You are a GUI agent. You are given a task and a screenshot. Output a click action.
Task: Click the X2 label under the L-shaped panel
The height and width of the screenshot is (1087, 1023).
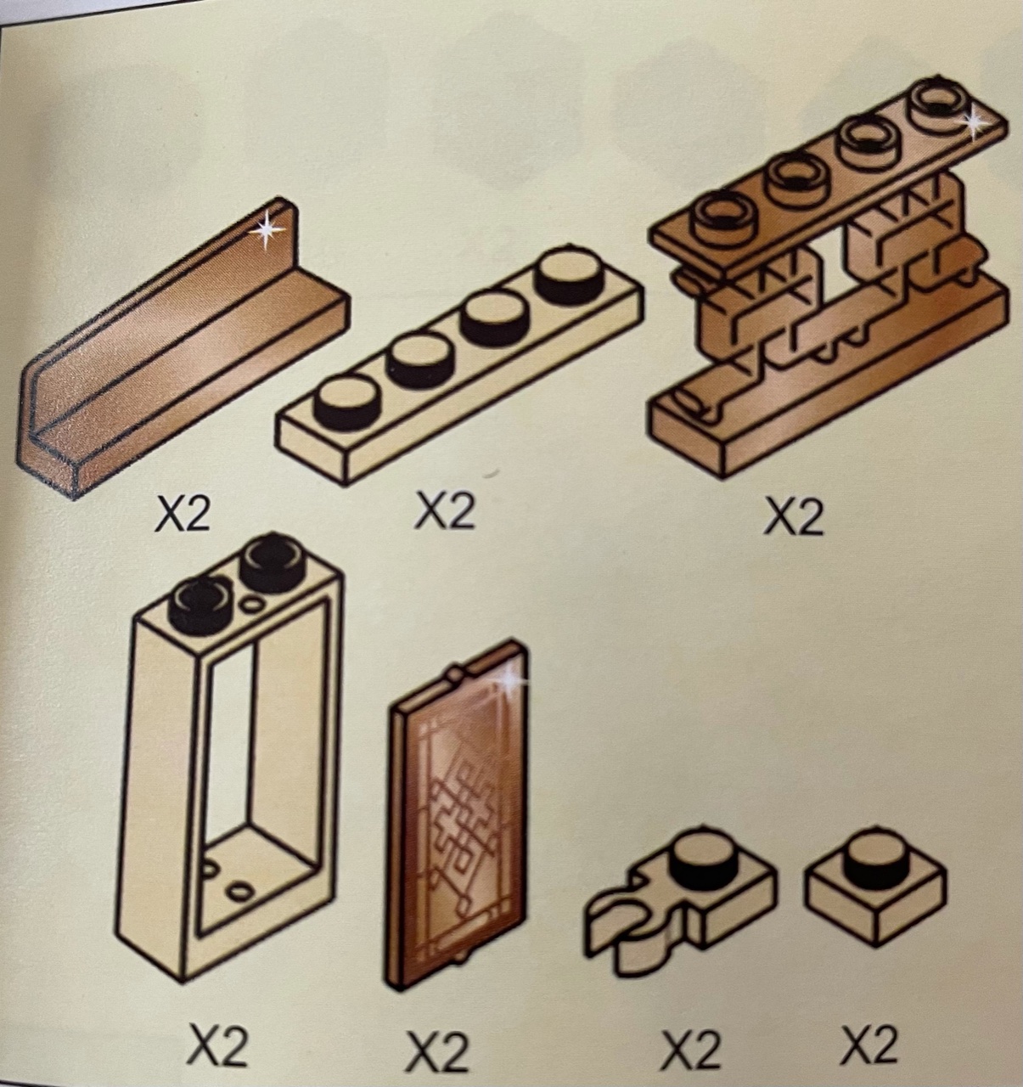click(183, 515)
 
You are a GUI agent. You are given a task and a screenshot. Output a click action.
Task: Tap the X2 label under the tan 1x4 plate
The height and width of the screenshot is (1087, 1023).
click(445, 510)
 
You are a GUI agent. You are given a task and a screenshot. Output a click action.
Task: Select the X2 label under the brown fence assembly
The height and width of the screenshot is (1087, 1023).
click(793, 517)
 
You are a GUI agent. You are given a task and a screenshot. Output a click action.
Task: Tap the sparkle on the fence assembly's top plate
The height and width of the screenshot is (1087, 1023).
click(974, 124)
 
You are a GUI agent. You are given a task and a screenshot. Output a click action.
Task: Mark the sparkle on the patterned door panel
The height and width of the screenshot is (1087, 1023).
click(511, 680)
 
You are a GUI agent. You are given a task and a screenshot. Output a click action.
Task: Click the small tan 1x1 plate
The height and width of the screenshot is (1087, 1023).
click(874, 888)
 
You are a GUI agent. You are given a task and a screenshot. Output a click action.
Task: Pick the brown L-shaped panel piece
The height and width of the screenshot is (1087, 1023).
click(183, 348)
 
